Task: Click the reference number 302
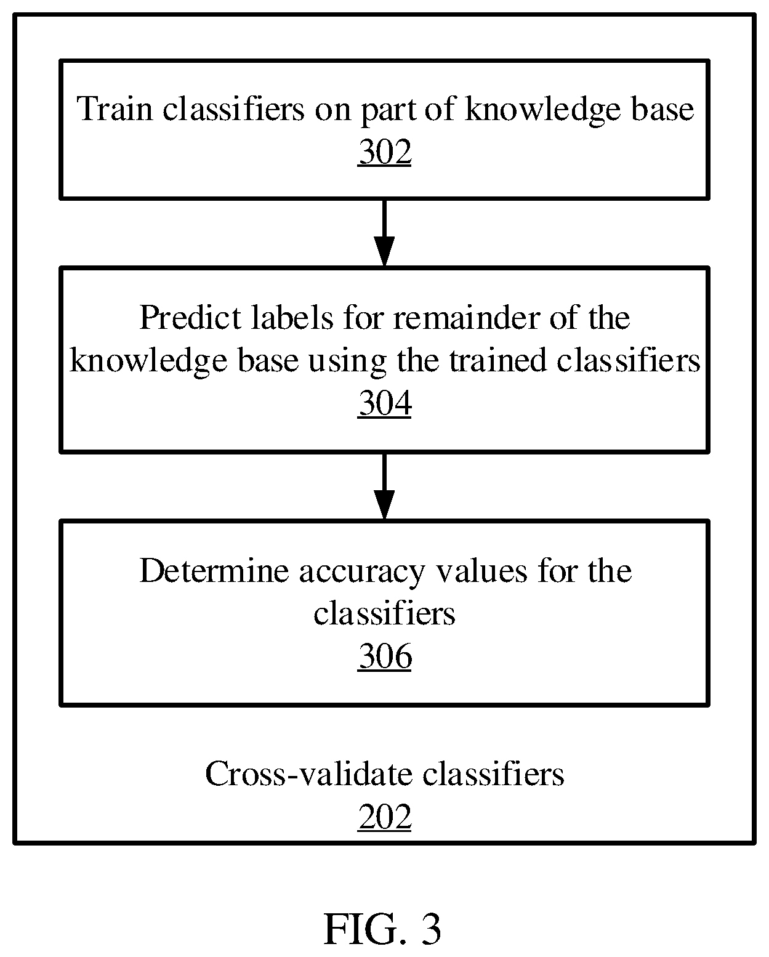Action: click(384, 152)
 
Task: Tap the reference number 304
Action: click(384, 403)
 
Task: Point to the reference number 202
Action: click(384, 817)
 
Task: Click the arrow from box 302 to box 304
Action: click(384, 233)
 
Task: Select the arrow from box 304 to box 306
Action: click(384, 486)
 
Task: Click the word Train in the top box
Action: click(115, 109)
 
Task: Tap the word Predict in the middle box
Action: click(191, 318)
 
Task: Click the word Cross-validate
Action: click(308, 774)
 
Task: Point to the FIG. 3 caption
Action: click(382, 929)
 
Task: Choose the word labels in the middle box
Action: click(292, 318)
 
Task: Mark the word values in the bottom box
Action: click(481, 570)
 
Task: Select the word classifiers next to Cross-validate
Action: click(493, 774)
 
